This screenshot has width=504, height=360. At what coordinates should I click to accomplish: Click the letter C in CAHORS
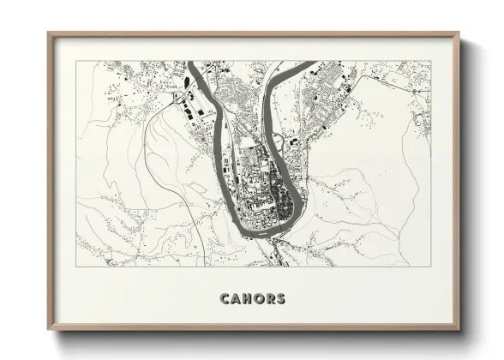click(225, 299)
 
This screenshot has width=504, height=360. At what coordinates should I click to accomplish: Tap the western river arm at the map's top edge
click(195, 65)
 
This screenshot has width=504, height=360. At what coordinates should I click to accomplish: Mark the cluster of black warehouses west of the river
click(190, 111)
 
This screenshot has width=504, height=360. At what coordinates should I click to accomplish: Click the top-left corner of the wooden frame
click(49, 33)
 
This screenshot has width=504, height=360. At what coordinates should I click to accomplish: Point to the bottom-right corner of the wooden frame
click(460, 333)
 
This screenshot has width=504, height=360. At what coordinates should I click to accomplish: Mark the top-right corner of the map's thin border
click(430, 61)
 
